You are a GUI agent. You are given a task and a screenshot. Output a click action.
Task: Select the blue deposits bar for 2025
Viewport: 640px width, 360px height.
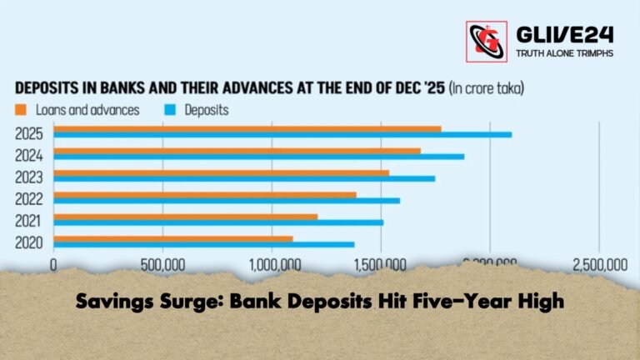point(283,134)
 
